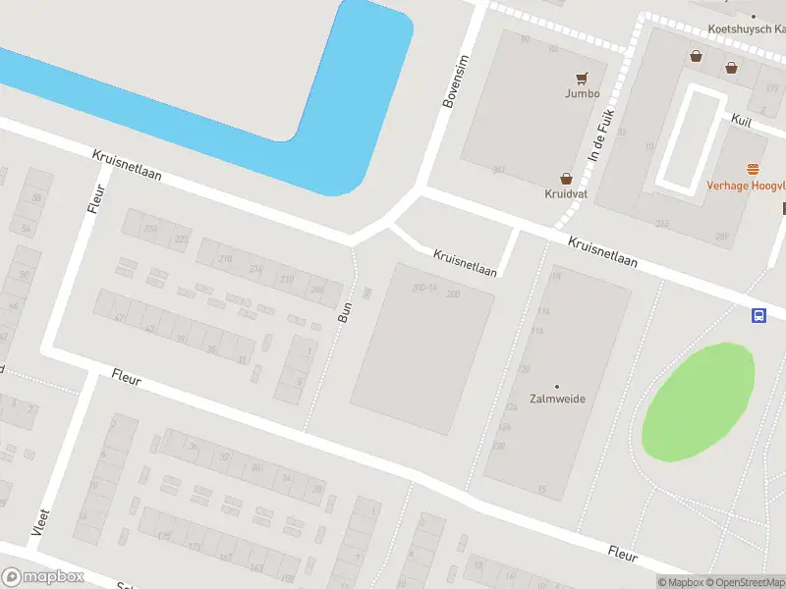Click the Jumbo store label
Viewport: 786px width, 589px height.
click(582, 94)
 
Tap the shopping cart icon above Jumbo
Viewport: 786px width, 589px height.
click(582, 78)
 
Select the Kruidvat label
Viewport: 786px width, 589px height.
click(566, 195)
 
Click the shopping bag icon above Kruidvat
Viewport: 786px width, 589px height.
click(566, 179)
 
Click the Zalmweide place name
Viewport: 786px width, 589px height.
click(557, 401)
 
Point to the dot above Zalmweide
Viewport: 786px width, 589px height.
click(557, 387)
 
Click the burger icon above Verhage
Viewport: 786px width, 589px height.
click(754, 170)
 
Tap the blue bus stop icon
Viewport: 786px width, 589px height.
click(758, 315)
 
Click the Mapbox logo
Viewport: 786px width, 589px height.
click(43, 577)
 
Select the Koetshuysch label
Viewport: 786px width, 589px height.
click(746, 29)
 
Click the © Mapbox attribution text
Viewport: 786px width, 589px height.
click(681, 582)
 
